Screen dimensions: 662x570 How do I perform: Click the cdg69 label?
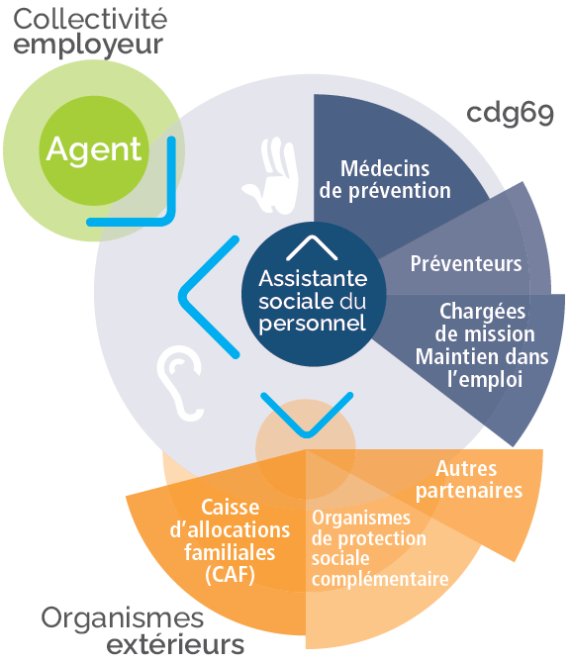tap(511, 111)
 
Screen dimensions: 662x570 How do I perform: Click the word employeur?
tap(88, 45)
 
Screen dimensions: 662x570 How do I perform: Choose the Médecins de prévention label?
tap(395, 179)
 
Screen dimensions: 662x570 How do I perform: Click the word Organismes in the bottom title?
tap(122, 618)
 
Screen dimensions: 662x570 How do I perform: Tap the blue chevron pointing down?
tap(306, 417)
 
